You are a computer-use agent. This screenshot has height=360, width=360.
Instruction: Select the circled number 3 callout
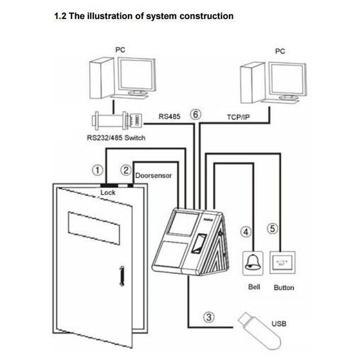[210, 318]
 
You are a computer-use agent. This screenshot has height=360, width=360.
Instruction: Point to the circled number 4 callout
[246, 232]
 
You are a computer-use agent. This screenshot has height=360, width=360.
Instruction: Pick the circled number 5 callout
[273, 228]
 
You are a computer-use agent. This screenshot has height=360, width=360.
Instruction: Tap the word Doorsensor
[153, 176]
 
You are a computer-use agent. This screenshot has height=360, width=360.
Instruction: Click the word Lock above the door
[108, 193]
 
